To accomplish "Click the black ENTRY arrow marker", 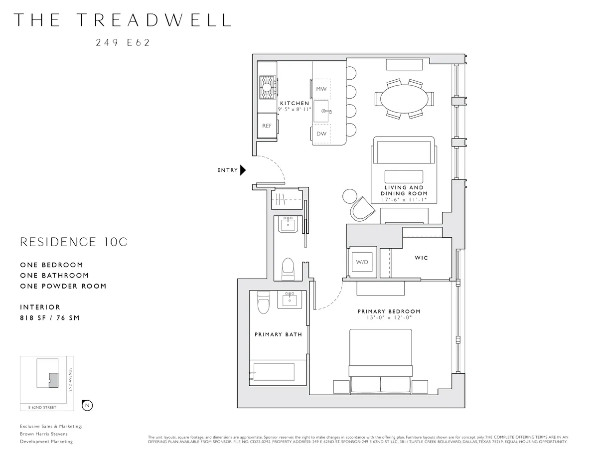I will (x=243, y=170).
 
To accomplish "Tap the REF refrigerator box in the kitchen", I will (x=267, y=126).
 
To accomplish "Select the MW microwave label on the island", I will (x=321, y=89).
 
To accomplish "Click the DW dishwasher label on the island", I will (x=321, y=134).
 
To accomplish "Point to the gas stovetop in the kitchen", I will (x=268, y=88).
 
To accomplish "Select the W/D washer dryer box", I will (x=361, y=262).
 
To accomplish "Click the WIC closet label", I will (x=421, y=258).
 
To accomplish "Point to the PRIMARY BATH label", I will (x=278, y=334).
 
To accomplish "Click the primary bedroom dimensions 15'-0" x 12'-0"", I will (x=389, y=317).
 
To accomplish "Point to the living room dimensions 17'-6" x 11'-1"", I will (x=404, y=199).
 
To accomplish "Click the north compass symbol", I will (x=87, y=406).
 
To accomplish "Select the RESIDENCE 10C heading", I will (x=74, y=242).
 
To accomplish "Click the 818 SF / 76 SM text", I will (x=50, y=318).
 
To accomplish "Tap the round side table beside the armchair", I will (x=349, y=196).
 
